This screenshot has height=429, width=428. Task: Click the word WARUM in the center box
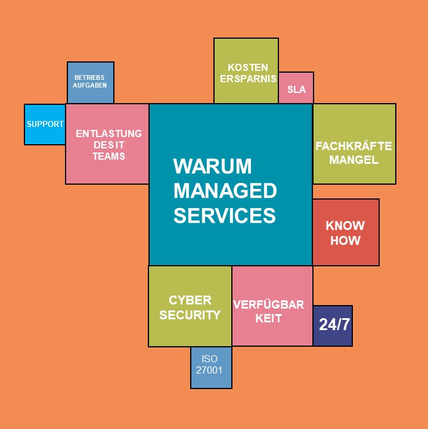tap(212, 166)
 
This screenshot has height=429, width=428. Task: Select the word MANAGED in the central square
tap(225, 191)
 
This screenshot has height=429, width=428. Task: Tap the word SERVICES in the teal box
tap(224, 215)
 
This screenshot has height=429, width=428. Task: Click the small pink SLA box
tap(296, 89)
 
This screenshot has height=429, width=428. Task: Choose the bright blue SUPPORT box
tap(45, 124)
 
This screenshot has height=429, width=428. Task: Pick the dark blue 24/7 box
tap(333, 325)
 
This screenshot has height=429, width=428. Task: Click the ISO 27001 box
tap(211, 364)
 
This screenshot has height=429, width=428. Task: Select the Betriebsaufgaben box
tap(90, 82)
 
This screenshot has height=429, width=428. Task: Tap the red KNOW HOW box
tap(345, 233)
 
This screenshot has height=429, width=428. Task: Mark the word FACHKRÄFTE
tap(353, 146)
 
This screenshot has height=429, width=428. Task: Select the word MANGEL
tap(353, 159)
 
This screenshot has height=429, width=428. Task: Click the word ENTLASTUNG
tap(108, 133)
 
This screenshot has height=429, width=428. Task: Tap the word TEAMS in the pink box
tap(108, 156)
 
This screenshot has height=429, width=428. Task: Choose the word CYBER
tap(190, 300)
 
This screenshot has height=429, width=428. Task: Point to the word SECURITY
tap(190, 315)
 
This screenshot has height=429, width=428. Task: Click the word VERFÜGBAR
tap(268, 304)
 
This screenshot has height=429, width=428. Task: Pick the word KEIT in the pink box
tap(268, 318)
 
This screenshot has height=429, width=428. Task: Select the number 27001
tap(209, 369)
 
